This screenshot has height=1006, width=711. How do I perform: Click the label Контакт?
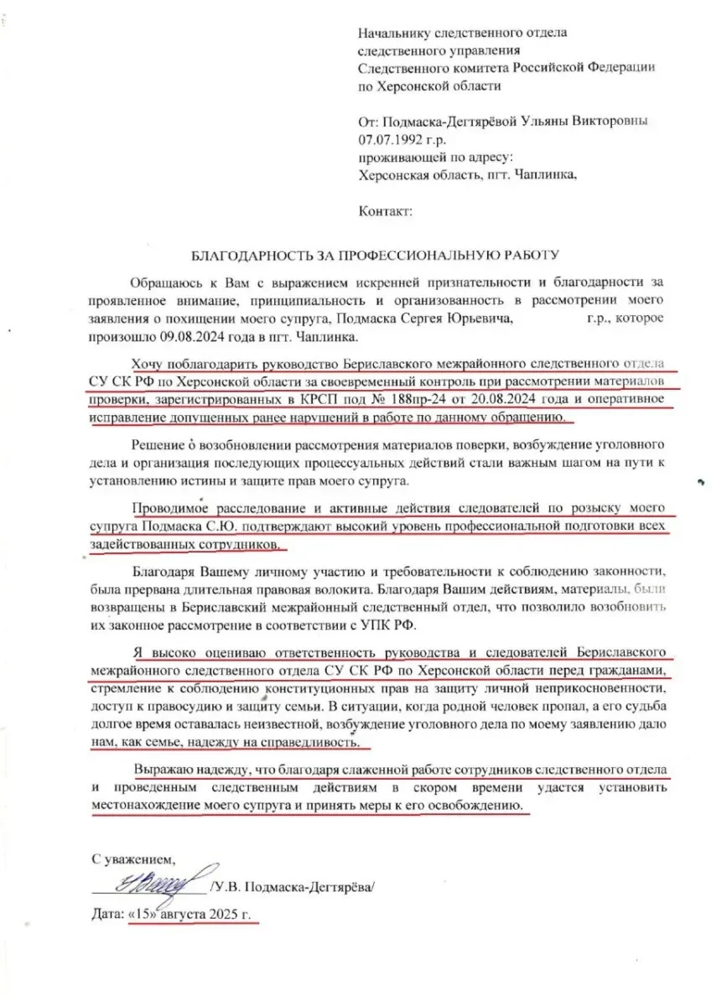click(385, 210)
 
